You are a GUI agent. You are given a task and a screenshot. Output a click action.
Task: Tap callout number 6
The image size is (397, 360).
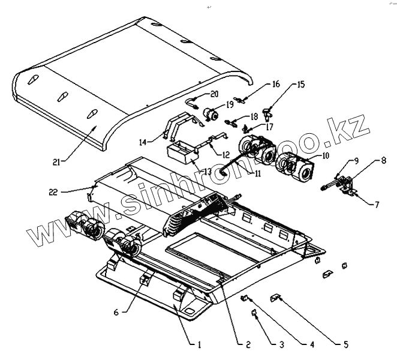pyautogui.click(x=116, y=311)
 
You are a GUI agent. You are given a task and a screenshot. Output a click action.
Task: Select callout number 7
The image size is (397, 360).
pyautogui.click(x=377, y=205)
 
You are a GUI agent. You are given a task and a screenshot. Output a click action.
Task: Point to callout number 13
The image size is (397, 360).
pyautogui.click(x=207, y=172)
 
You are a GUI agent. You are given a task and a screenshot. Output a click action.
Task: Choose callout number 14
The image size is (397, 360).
pyautogui.click(x=143, y=142)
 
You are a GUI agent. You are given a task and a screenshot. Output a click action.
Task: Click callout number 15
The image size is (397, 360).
pyautogui.click(x=301, y=85)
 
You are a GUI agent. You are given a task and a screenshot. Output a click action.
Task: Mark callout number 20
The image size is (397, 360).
pyautogui.click(x=215, y=94)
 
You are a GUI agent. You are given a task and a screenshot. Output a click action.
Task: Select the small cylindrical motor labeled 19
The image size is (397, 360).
pyautogui.click(x=210, y=113)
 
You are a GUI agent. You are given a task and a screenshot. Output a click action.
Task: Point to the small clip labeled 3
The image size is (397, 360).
pyautogui.click(x=253, y=312)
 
